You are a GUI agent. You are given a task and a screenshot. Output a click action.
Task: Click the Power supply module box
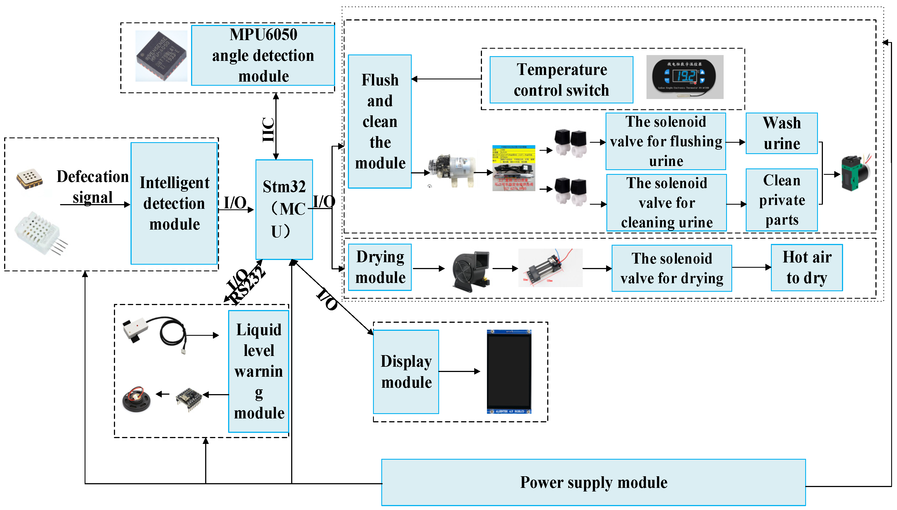click(x=593, y=482)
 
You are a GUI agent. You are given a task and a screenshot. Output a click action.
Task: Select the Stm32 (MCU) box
click(x=284, y=209)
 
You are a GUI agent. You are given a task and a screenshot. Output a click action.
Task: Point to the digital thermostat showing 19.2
click(x=684, y=77)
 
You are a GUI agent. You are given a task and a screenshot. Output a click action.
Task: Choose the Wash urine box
click(x=781, y=133)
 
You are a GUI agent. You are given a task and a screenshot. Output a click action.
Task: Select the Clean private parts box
click(x=781, y=200)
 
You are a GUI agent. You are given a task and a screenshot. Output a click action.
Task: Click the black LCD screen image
click(x=509, y=371)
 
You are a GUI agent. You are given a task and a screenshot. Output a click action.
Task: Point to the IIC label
click(x=268, y=130)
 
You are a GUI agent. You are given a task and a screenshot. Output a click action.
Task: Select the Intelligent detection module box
click(x=174, y=203)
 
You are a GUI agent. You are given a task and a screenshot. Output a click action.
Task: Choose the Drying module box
click(x=380, y=267)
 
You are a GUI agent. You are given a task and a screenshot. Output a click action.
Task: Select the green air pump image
click(x=855, y=173)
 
